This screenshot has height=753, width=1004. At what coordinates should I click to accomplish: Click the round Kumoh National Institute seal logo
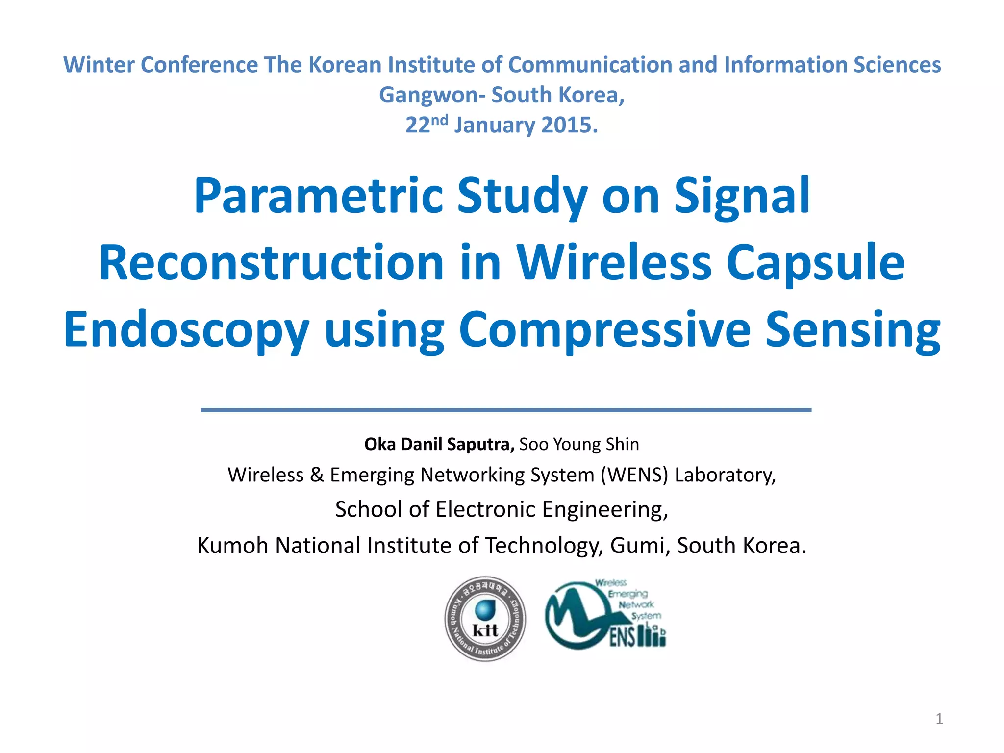coord(485,619)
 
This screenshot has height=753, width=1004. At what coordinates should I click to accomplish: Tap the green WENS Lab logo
coord(606,616)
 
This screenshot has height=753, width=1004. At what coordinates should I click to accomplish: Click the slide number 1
coord(939,719)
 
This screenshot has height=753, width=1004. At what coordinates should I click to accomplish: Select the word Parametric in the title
coord(318,196)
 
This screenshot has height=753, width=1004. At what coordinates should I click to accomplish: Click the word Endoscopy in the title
coord(186,330)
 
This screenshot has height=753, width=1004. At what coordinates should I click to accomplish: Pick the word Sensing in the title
coord(853,330)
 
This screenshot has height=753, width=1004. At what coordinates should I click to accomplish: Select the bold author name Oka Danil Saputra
coord(439,444)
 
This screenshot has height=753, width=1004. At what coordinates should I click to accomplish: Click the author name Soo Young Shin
coord(579,444)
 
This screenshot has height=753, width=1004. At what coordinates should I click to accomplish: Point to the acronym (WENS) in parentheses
coord(634,475)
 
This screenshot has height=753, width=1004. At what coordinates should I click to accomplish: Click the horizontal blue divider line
coord(506,410)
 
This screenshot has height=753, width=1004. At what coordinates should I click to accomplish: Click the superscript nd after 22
coord(440,120)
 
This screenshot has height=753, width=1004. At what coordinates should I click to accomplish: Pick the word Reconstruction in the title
coord(272,263)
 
